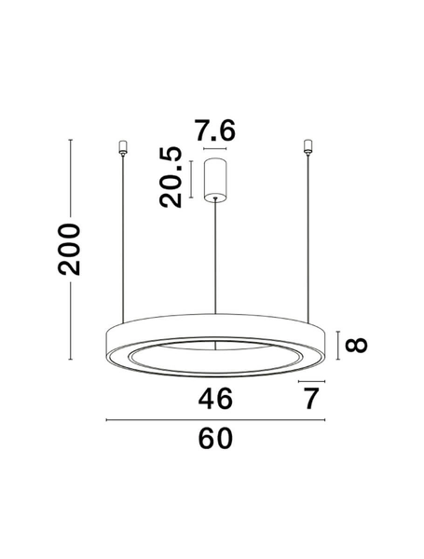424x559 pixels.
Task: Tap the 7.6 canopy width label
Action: pyautogui.click(x=215, y=131)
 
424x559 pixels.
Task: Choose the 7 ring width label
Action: pyautogui.click(x=311, y=400)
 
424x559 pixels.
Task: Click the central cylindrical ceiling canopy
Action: pyautogui.click(x=216, y=178)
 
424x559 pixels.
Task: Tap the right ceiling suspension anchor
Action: pyautogui.click(x=308, y=147)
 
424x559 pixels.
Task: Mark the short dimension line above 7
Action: pyautogui.click(x=309, y=380)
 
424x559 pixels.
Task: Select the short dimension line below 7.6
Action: pyautogui.click(x=215, y=149)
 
